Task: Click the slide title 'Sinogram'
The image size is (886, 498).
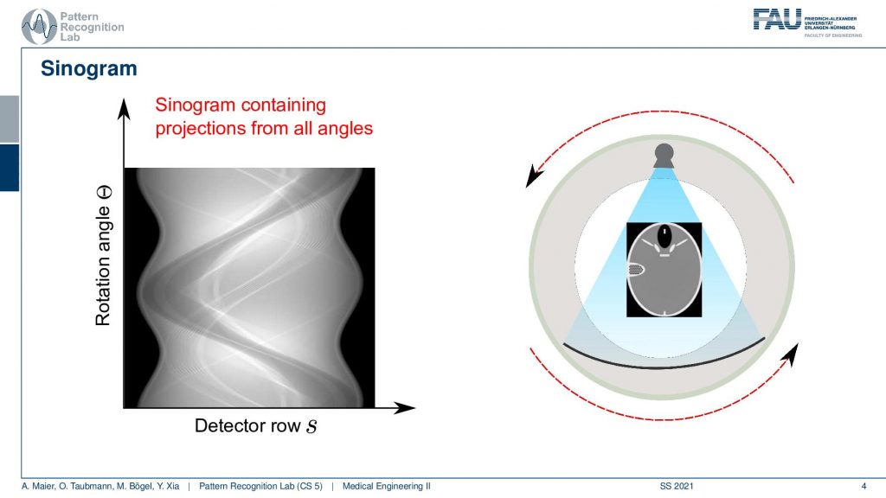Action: (89, 68)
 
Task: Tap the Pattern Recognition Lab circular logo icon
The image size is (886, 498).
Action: (39, 27)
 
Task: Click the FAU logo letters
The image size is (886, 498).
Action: (777, 19)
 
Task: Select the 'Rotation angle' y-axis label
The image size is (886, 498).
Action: (103, 255)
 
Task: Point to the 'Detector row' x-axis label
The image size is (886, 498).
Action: (247, 425)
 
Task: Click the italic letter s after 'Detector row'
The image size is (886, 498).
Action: (311, 427)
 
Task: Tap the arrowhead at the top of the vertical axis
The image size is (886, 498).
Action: (124, 108)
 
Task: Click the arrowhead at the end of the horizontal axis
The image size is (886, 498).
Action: (405, 407)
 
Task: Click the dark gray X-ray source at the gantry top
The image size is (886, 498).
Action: (664, 156)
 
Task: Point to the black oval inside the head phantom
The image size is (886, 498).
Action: (664, 235)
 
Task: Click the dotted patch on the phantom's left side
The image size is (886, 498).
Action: (636, 270)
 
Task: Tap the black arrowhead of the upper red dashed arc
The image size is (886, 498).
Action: (533, 176)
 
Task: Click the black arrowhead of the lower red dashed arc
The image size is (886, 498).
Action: (792, 354)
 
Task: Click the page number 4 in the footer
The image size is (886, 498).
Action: (864, 486)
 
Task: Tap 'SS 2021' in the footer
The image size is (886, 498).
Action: (677, 486)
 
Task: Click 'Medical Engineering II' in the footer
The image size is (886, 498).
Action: (387, 486)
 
